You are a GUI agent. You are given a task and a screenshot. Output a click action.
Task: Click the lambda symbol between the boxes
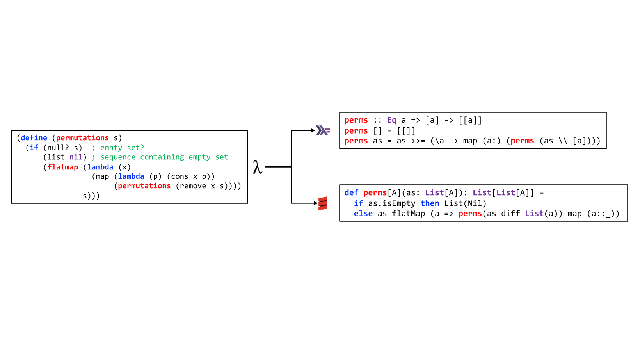click(x=257, y=167)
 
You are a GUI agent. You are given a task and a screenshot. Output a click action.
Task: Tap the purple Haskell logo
click(x=323, y=130)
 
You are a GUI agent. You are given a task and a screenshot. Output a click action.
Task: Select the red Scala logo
click(x=323, y=203)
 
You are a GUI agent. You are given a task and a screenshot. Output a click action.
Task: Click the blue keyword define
click(x=34, y=138)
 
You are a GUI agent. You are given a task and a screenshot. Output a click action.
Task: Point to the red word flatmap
click(x=62, y=167)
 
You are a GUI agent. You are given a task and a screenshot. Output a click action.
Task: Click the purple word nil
click(x=76, y=157)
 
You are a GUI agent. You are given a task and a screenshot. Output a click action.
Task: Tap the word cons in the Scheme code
click(x=180, y=176)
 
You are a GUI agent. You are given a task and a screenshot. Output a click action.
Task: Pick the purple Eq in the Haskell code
click(x=392, y=120)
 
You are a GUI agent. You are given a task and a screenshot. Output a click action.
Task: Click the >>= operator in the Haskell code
click(x=418, y=141)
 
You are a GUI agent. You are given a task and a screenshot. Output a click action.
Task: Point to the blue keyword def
click(x=351, y=193)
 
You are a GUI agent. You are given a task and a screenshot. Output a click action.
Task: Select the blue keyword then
click(x=430, y=203)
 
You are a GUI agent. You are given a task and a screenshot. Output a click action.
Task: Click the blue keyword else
click(x=363, y=214)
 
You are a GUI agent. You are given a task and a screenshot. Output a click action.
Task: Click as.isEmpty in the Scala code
click(x=392, y=203)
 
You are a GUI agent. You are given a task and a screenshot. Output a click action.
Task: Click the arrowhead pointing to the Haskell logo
click(x=313, y=130)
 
